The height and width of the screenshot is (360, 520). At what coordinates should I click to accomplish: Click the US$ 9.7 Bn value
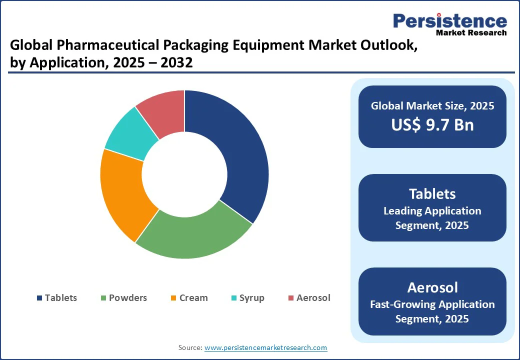pos(432,124)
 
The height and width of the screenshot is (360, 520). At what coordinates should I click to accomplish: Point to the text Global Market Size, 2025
pos(432,105)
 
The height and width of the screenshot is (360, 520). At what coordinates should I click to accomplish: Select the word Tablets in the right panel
pos(432,194)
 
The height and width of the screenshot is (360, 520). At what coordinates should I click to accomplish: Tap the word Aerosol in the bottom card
pos(432,287)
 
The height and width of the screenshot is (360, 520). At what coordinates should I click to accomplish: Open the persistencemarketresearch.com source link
pos(266,347)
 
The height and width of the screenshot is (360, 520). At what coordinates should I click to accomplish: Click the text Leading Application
pos(432,211)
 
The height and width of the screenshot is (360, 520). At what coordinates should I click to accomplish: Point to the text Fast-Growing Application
pos(432,304)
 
